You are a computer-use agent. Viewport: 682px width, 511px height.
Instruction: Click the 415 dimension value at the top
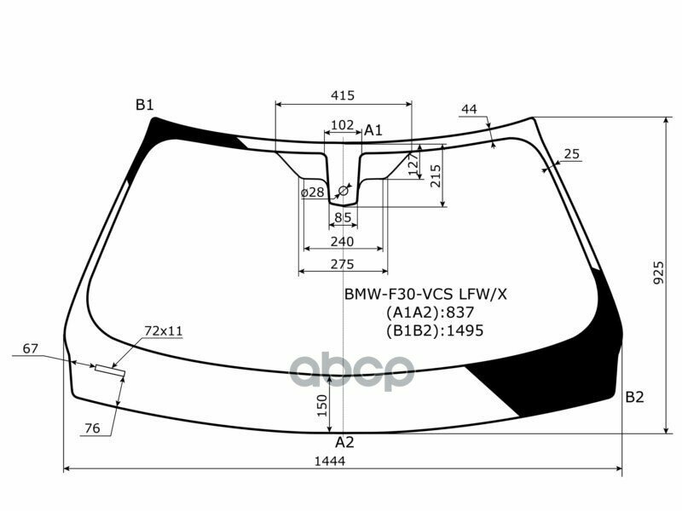tap(343, 95)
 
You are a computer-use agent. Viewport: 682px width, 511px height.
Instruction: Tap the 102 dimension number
tap(342, 125)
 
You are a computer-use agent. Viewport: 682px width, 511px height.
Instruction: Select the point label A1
tap(373, 130)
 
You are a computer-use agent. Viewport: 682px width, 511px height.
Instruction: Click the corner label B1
tap(144, 105)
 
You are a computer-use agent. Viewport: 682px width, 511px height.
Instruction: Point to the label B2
tap(634, 396)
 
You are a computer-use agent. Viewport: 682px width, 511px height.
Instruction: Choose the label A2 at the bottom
tap(344, 442)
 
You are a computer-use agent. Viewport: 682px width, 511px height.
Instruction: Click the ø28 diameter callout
tap(313, 192)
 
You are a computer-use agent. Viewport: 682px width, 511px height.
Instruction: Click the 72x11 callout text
tap(164, 330)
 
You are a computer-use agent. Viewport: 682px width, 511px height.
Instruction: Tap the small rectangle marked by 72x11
tap(110, 370)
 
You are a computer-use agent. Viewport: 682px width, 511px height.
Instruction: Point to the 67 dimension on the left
tap(31, 348)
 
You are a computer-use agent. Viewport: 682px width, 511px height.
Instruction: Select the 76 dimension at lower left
tap(93, 428)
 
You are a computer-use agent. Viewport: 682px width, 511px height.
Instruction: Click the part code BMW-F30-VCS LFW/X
tap(425, 295)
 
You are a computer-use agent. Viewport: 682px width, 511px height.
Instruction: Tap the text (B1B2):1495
tap(434, 330)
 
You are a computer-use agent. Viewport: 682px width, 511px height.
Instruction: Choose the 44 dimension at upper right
tap(469, 109)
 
